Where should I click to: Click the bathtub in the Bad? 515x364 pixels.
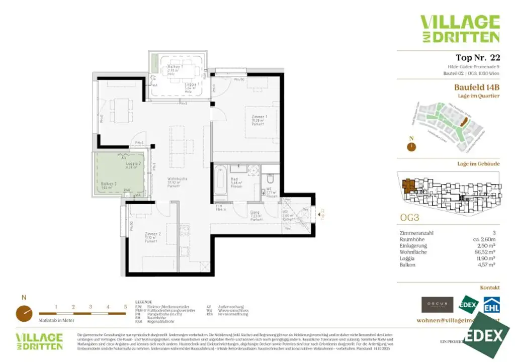click(x=220, y=182)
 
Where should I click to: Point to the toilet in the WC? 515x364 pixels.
click(x=270, y=179)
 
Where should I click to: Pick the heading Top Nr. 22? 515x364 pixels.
click(x=478, y=57)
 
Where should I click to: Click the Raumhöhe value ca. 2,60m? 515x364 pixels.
click(x=485, y=239)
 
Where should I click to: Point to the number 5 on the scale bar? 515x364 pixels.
click(x=125, y=307)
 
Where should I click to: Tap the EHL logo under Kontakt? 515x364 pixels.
click(x=491, y=305)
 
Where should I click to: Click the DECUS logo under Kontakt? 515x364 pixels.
click(x=437, y=305)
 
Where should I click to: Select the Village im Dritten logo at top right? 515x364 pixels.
click(x=460, y=29)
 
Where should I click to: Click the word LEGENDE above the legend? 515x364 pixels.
click(x=144, y=303)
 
